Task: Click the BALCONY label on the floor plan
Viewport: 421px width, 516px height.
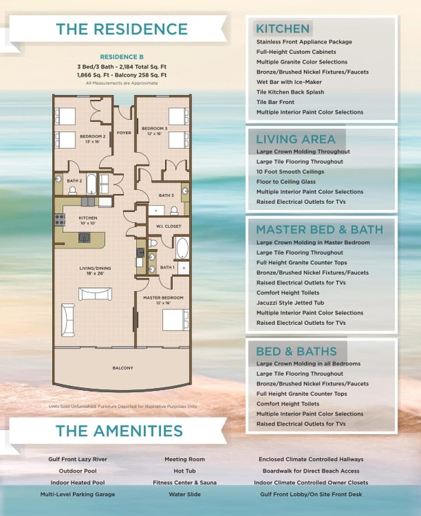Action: click(x=123, y=368)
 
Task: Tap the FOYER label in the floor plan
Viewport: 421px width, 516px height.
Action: click(x=124, y=133)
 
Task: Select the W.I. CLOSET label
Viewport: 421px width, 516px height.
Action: click(x=168, y=226)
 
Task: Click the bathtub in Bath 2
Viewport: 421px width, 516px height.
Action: click(x=91, y=184)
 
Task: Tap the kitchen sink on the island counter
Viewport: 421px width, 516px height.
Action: click(x=85, y=238)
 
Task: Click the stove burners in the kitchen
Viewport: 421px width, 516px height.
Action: click(x=60, y=220)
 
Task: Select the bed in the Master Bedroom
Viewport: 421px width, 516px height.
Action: click(x=176, y=320)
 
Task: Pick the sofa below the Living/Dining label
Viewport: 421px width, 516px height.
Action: click(x=95, y=294)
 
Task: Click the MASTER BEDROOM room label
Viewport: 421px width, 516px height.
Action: click(x=163, y=298)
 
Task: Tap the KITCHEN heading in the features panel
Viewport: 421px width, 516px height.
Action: click(x=283, y=28)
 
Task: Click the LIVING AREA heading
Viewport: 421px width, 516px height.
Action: click(x=296, y=139)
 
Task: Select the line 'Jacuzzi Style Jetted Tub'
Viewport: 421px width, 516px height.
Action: click(x=290, y=303)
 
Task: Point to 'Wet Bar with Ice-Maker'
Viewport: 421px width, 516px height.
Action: click(x=289, y=82)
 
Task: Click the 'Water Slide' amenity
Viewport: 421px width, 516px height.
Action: click(x=185, y=494)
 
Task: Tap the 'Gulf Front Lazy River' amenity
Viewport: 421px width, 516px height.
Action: click(x=78, y=459)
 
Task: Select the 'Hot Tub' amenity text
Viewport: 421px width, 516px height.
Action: click(x=185, y=471)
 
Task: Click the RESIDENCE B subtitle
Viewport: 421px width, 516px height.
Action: click(x=122, y=57)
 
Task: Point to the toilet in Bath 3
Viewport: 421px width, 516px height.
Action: click(x=174, y=210)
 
